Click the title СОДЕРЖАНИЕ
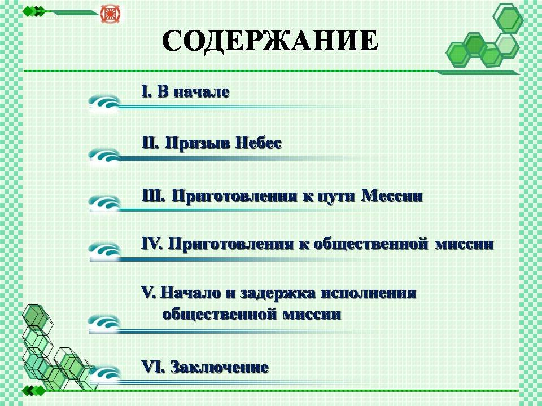click(270, 41)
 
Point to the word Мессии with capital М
click(392, 196)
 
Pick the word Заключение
click(220, 367)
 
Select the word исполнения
click(369, 293)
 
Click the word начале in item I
click(201, 92)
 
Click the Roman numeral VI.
click(152, 367)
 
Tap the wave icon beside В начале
click(104, 103)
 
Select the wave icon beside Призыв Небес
click(104, 155)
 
